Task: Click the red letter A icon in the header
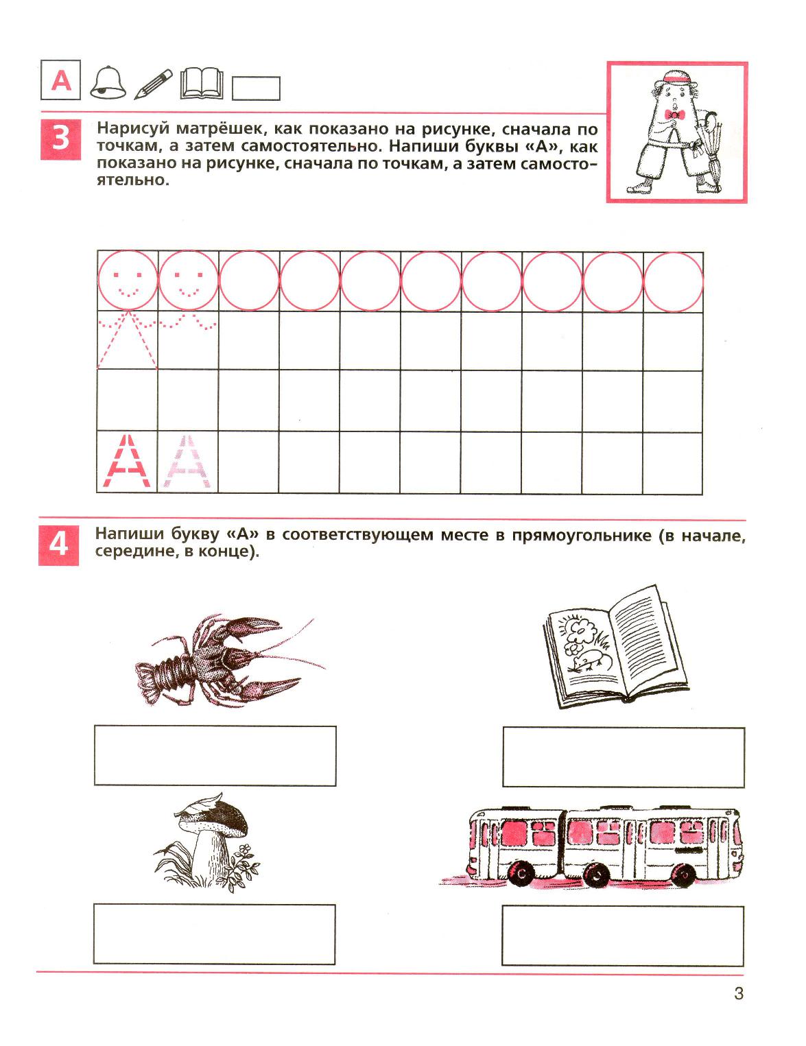coord(62,82)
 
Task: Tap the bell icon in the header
coord(108,83)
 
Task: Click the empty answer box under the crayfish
coord(215,755)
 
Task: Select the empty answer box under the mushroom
coord(214,934)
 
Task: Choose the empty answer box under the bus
coord(622,935)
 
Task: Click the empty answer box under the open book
coord(623,757)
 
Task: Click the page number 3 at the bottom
coord(738,992)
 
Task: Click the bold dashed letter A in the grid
coord(127,462)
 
